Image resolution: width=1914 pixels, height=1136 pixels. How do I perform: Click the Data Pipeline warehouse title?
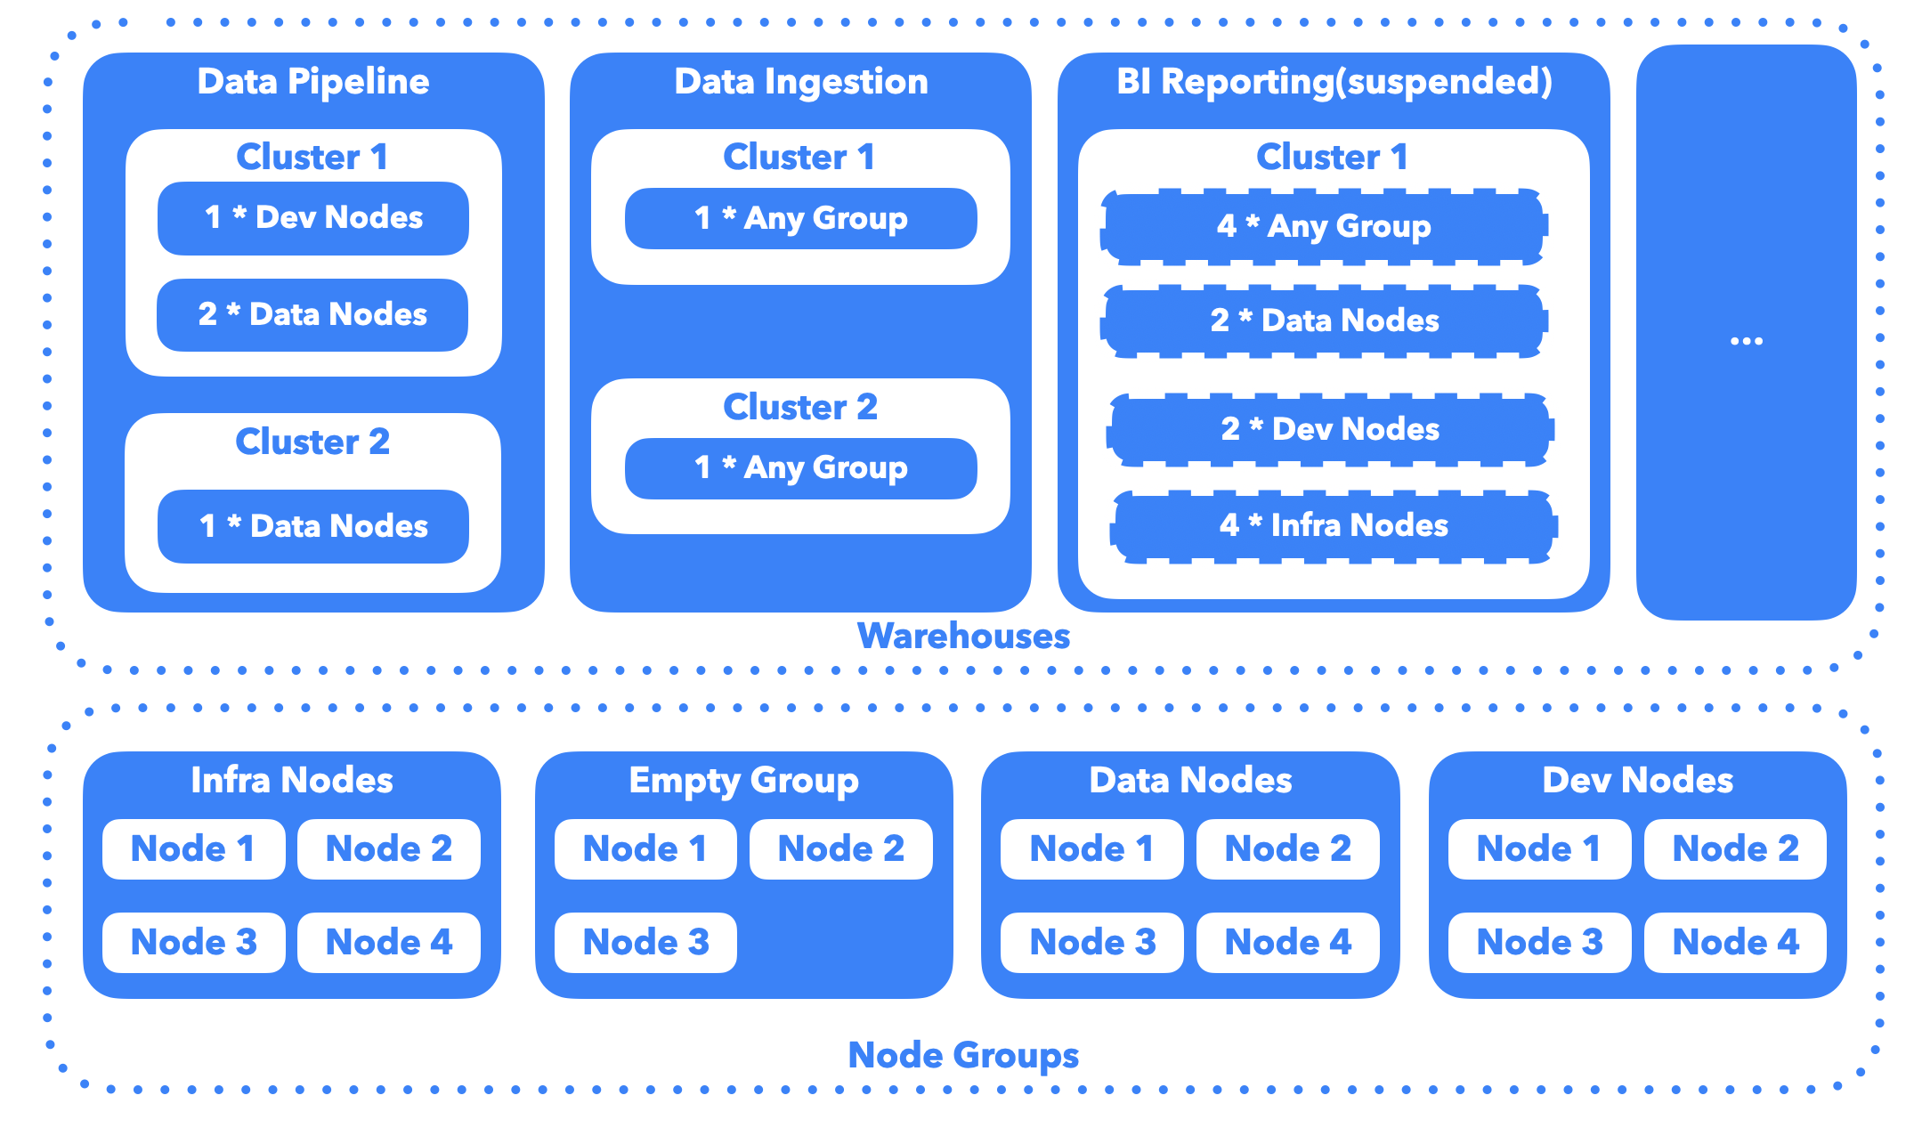312,82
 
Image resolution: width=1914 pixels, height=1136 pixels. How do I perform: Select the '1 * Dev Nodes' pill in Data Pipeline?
312,218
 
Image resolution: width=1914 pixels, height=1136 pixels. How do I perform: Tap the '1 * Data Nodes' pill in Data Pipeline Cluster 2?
312,526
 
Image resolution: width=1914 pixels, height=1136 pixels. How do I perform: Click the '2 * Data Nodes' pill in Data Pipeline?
312,314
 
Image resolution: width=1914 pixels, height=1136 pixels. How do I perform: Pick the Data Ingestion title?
800,82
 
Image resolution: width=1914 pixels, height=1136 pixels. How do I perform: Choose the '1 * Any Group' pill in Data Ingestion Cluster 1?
800,218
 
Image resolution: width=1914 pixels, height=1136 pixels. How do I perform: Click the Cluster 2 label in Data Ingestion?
800,407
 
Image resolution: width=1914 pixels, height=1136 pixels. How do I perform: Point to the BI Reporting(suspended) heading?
1334,82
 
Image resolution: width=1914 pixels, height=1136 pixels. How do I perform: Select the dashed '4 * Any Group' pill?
1324,226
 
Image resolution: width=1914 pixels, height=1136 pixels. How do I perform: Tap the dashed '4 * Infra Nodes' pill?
1333,525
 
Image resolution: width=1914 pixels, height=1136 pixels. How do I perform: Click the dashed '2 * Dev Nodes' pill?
1330,429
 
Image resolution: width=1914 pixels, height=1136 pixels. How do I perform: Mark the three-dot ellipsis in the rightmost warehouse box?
1746,341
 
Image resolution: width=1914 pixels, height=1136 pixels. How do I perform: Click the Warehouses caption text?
963,637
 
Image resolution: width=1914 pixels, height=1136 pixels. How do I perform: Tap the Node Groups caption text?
963,1056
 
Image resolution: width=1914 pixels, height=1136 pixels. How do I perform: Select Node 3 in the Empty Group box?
645,942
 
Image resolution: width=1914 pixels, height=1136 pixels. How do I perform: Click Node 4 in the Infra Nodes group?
389,942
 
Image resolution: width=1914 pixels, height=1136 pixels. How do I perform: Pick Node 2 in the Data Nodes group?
1287,848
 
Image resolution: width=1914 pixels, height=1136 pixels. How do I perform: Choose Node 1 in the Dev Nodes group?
1538,848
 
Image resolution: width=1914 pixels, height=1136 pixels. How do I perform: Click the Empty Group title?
743,781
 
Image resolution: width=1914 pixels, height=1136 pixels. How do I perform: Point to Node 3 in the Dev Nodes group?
1538,942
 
